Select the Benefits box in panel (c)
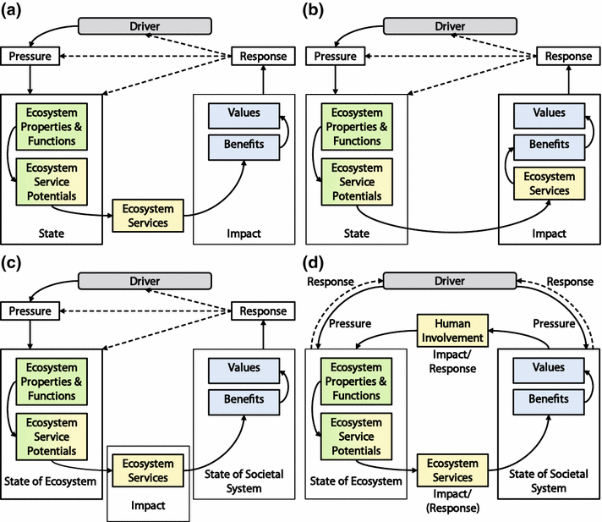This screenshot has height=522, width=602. [x=244, y=398]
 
